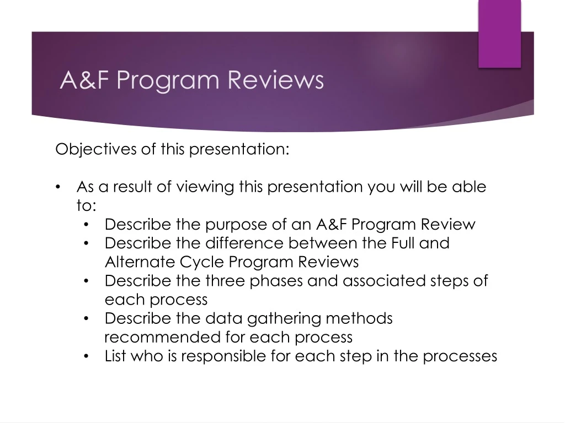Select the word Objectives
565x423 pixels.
[95, 149]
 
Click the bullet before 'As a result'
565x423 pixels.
[60, 187]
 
